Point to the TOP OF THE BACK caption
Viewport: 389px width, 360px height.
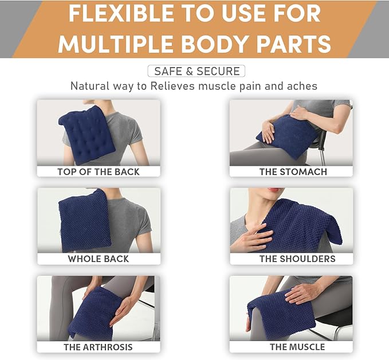coord(99,171)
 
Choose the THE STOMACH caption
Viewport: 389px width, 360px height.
coord(293,171)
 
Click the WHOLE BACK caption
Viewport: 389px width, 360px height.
coord(99,259)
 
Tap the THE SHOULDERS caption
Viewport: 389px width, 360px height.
coord(297,259)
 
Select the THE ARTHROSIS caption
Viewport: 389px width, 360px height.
coord(99,347)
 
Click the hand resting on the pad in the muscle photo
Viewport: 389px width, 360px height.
coord(302,292)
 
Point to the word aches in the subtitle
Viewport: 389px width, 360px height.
coord(304,87)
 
